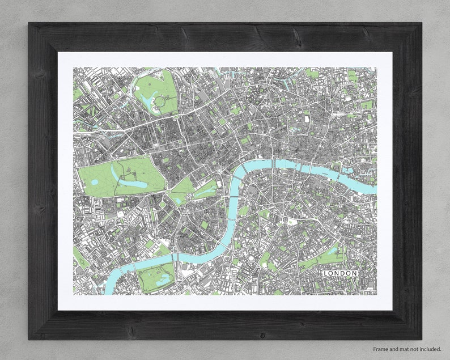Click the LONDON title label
pyautogui.click(x=340, y=273)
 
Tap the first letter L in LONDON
pyautogui.click(x=326, y=273)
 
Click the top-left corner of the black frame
pyautogui.click(x=29, y=24)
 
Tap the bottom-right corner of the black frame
pyautogui.click(x=421, y=338)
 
